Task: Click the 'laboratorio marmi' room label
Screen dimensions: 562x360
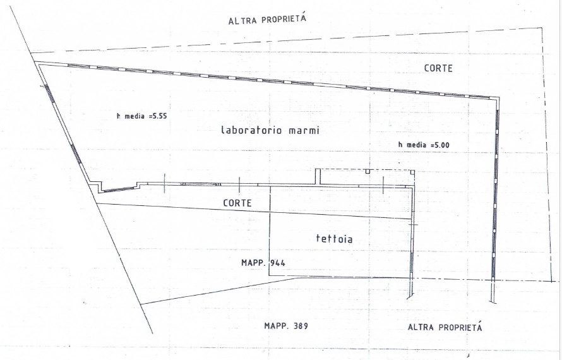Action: coord(270,130)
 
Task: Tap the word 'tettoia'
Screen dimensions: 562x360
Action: coord(335,239)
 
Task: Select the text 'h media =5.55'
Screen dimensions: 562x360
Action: coord(142,116)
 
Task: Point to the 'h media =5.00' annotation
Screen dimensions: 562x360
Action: coord(424,145)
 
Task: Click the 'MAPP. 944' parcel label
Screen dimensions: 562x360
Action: coord(263,263)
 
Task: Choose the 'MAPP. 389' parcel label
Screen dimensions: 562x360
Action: coord(286,326)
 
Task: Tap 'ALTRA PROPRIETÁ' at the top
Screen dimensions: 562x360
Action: coord(267,19)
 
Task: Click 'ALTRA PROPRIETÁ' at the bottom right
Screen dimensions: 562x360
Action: coord(445,327)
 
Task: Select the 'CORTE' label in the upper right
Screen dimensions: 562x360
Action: coord(438,68)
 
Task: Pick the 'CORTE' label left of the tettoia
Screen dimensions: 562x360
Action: coord(237,203)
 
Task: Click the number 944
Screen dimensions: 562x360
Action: coord(278,263)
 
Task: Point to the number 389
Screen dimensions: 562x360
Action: coord(301,326)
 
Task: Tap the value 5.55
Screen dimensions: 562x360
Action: coord(160,116)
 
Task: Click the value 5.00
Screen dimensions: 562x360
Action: coord(442,145)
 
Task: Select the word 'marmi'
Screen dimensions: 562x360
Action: coord(304,130)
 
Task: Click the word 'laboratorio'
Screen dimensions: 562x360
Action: coord(253,130)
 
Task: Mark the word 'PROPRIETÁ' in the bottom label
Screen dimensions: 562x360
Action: coord(460,327)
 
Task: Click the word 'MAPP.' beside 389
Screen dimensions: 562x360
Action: coord(277,326)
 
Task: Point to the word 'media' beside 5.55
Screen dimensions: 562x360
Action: coord(135,116)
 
